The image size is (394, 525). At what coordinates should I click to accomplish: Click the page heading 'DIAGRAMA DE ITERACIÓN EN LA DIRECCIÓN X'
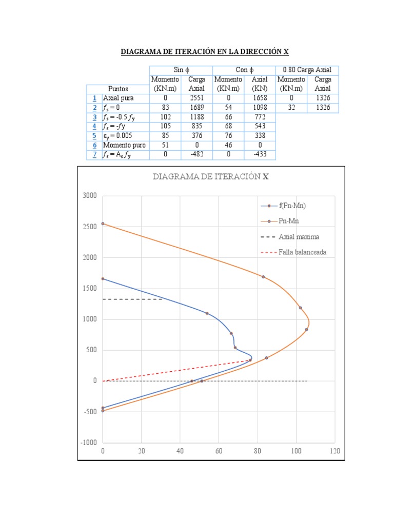coord(205,52)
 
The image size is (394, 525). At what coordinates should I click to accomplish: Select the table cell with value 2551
coord(196,98)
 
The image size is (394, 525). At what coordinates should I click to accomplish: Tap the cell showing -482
coord(196,154)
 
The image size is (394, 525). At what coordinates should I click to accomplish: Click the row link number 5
coord(94,136)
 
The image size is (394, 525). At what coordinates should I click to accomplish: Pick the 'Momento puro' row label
coord(124,145)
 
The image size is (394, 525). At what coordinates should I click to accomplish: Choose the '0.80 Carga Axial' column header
coord(307,70)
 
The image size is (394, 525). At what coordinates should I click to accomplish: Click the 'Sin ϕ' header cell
coord(181,70)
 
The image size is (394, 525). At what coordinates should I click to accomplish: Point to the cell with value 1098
coord(259,108)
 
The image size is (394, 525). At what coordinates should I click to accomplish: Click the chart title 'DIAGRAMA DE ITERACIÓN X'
coord(211,177)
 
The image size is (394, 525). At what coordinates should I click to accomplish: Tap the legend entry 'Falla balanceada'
coord(302,252)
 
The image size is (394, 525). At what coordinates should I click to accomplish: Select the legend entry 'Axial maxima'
coord(299,237)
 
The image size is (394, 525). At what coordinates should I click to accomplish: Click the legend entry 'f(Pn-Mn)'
coord(292,206)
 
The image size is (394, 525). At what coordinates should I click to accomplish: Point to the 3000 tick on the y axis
coord(89,196)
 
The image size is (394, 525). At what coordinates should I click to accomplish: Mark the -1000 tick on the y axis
coord(88,442)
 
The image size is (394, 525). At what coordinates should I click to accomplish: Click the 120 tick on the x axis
coord(334,451)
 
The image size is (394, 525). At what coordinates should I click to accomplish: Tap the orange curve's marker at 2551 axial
coord(103,224)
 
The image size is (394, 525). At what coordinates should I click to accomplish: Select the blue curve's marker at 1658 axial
coord(103,279)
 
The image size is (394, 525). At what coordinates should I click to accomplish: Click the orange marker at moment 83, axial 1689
coord(263,277)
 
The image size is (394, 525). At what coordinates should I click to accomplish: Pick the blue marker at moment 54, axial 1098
coord(207,313)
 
